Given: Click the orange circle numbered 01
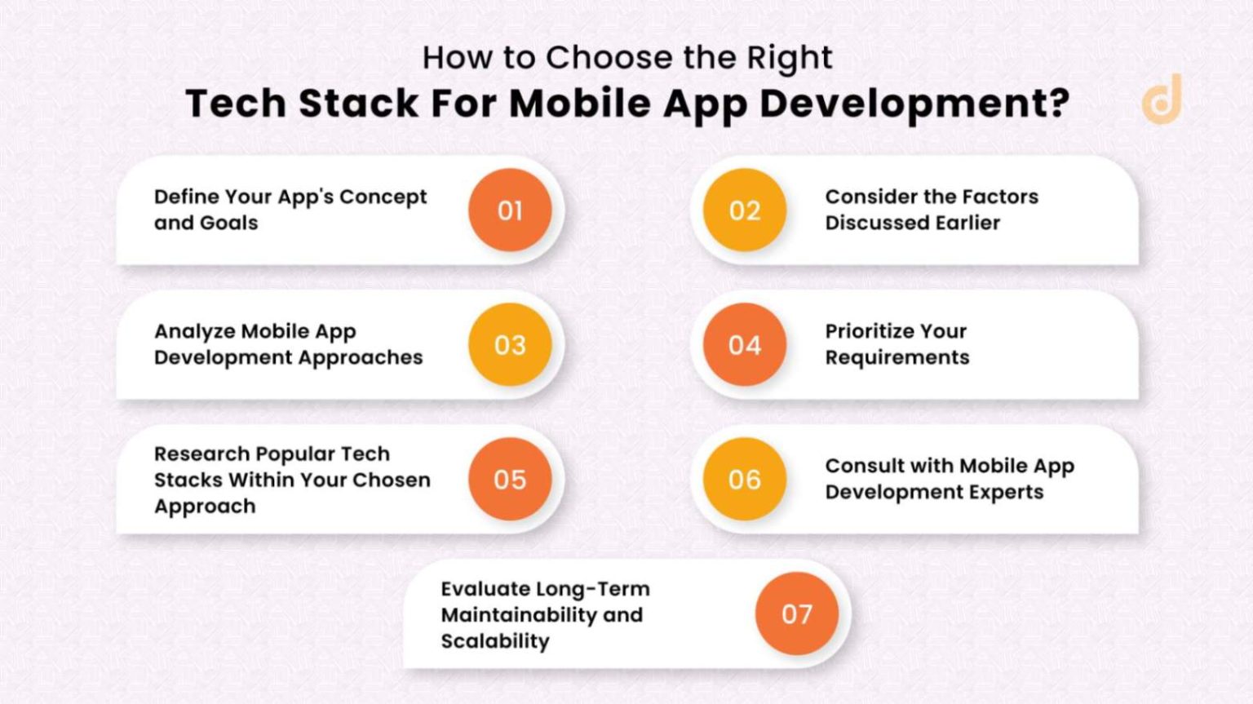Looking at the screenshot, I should [510, 210].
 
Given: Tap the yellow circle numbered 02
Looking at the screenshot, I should [744, 210].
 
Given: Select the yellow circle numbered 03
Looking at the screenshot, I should [510, 345].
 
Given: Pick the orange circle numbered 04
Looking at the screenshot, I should [744, 345].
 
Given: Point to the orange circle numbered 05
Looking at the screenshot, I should [510, 480].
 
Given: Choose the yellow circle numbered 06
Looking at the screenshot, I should [744, 480].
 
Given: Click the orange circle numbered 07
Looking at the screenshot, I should [796, 614].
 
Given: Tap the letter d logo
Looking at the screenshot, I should [1162, 99].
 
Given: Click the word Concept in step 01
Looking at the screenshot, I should [383, 197].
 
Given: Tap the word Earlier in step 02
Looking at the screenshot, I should [967, 223].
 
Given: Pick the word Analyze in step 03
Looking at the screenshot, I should [194, 332].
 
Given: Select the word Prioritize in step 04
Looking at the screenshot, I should [868, 331].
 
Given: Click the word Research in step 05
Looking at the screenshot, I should [193, 454].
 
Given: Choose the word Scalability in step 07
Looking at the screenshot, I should [495, 641].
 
